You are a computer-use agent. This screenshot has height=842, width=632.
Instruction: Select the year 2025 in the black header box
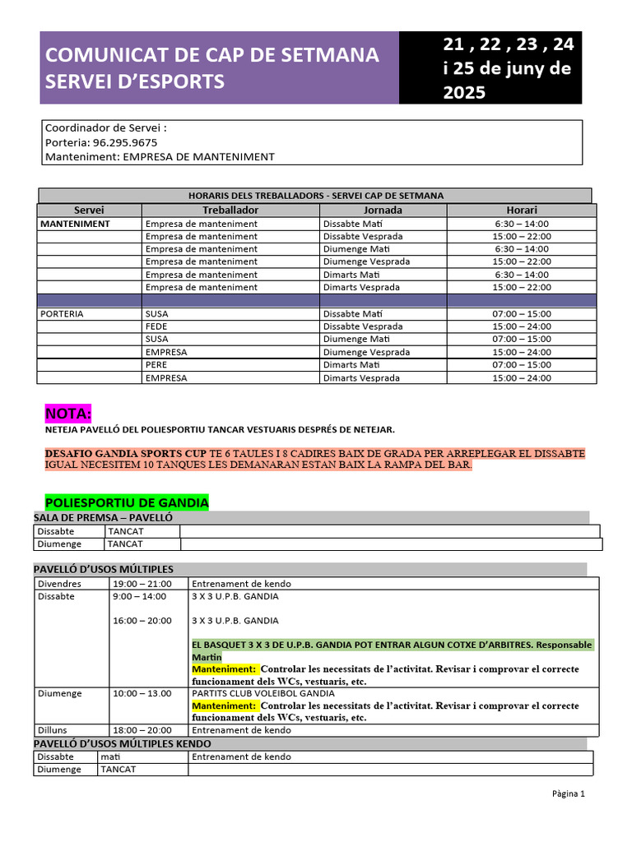click(x=465, y=93)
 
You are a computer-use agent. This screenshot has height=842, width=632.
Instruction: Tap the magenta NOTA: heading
click(x=68, y=413)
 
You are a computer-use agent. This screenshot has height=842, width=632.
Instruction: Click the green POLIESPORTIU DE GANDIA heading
click(x=127, y=502)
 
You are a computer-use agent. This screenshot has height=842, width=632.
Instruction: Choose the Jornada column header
click(x=383, y=210)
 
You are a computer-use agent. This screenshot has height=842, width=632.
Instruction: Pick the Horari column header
click(x=521, y=210)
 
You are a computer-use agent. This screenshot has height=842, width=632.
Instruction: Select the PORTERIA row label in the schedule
click(x=63, y=314)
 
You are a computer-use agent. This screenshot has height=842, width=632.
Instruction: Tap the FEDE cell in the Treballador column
click(x=156, y=326)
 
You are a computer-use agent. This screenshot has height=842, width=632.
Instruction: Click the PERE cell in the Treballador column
click(x=156, y=365)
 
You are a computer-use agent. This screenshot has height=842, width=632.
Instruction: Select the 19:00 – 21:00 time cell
click(x=142, y=584)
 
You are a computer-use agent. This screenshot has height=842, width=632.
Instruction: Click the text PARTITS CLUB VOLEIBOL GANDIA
click(x=258, y=693)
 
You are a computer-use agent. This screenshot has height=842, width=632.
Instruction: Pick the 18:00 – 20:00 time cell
click(x=142, y=730)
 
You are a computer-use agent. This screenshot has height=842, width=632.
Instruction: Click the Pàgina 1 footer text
click(x=568, y=794)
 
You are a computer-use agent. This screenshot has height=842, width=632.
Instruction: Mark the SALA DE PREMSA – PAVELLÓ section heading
click(x=103, y=517)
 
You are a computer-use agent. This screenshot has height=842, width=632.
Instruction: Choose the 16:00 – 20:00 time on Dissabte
click(x=142, y=621)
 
